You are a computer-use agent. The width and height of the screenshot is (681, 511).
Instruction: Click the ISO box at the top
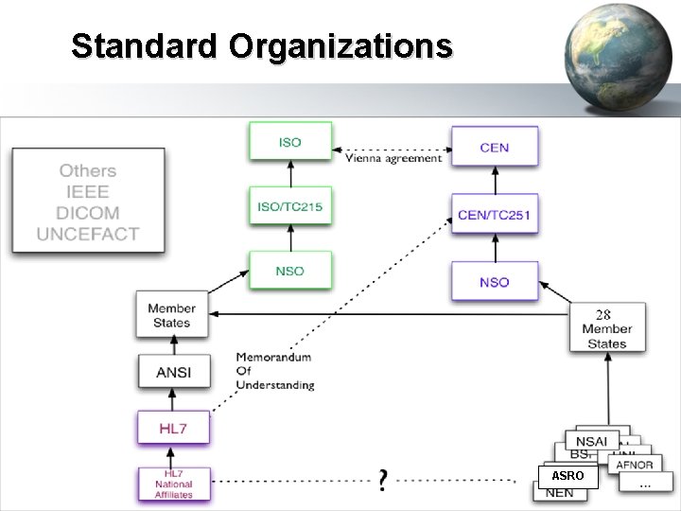click(x=289, y=142)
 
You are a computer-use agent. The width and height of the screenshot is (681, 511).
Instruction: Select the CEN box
click(x=494, y=148)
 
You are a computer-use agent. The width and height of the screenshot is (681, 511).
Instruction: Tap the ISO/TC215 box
click(x=289, y=206)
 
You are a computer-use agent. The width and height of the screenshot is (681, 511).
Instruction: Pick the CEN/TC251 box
click(x=494, y=215)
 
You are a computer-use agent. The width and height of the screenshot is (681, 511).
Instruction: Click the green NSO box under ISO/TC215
click(x=289, y=271)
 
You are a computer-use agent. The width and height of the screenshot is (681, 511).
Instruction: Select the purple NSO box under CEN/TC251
click(x=494, y=282)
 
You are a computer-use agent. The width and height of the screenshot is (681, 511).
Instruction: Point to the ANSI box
click(x=172, y=372)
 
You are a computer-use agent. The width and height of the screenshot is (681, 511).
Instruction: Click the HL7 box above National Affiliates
click(x=172, y=429)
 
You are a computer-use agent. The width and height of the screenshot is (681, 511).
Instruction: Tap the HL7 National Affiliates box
click(x=172, y=484)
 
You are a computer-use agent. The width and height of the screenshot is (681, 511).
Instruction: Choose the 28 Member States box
click(x=607, y=328)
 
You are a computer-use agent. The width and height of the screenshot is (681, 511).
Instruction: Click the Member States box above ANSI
click(x=172, y=315)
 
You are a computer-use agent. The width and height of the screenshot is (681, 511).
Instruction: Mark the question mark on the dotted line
click(x=382, y=480)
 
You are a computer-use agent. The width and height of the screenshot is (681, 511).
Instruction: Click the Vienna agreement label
click(x=393, y=159)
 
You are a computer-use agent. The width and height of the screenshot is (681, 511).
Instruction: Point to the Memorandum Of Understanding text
click(x=274, y=371)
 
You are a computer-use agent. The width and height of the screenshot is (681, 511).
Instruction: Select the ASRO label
click(x=567, y=476)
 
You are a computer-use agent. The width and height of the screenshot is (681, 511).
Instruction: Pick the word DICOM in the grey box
click(x=87, y=213)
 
